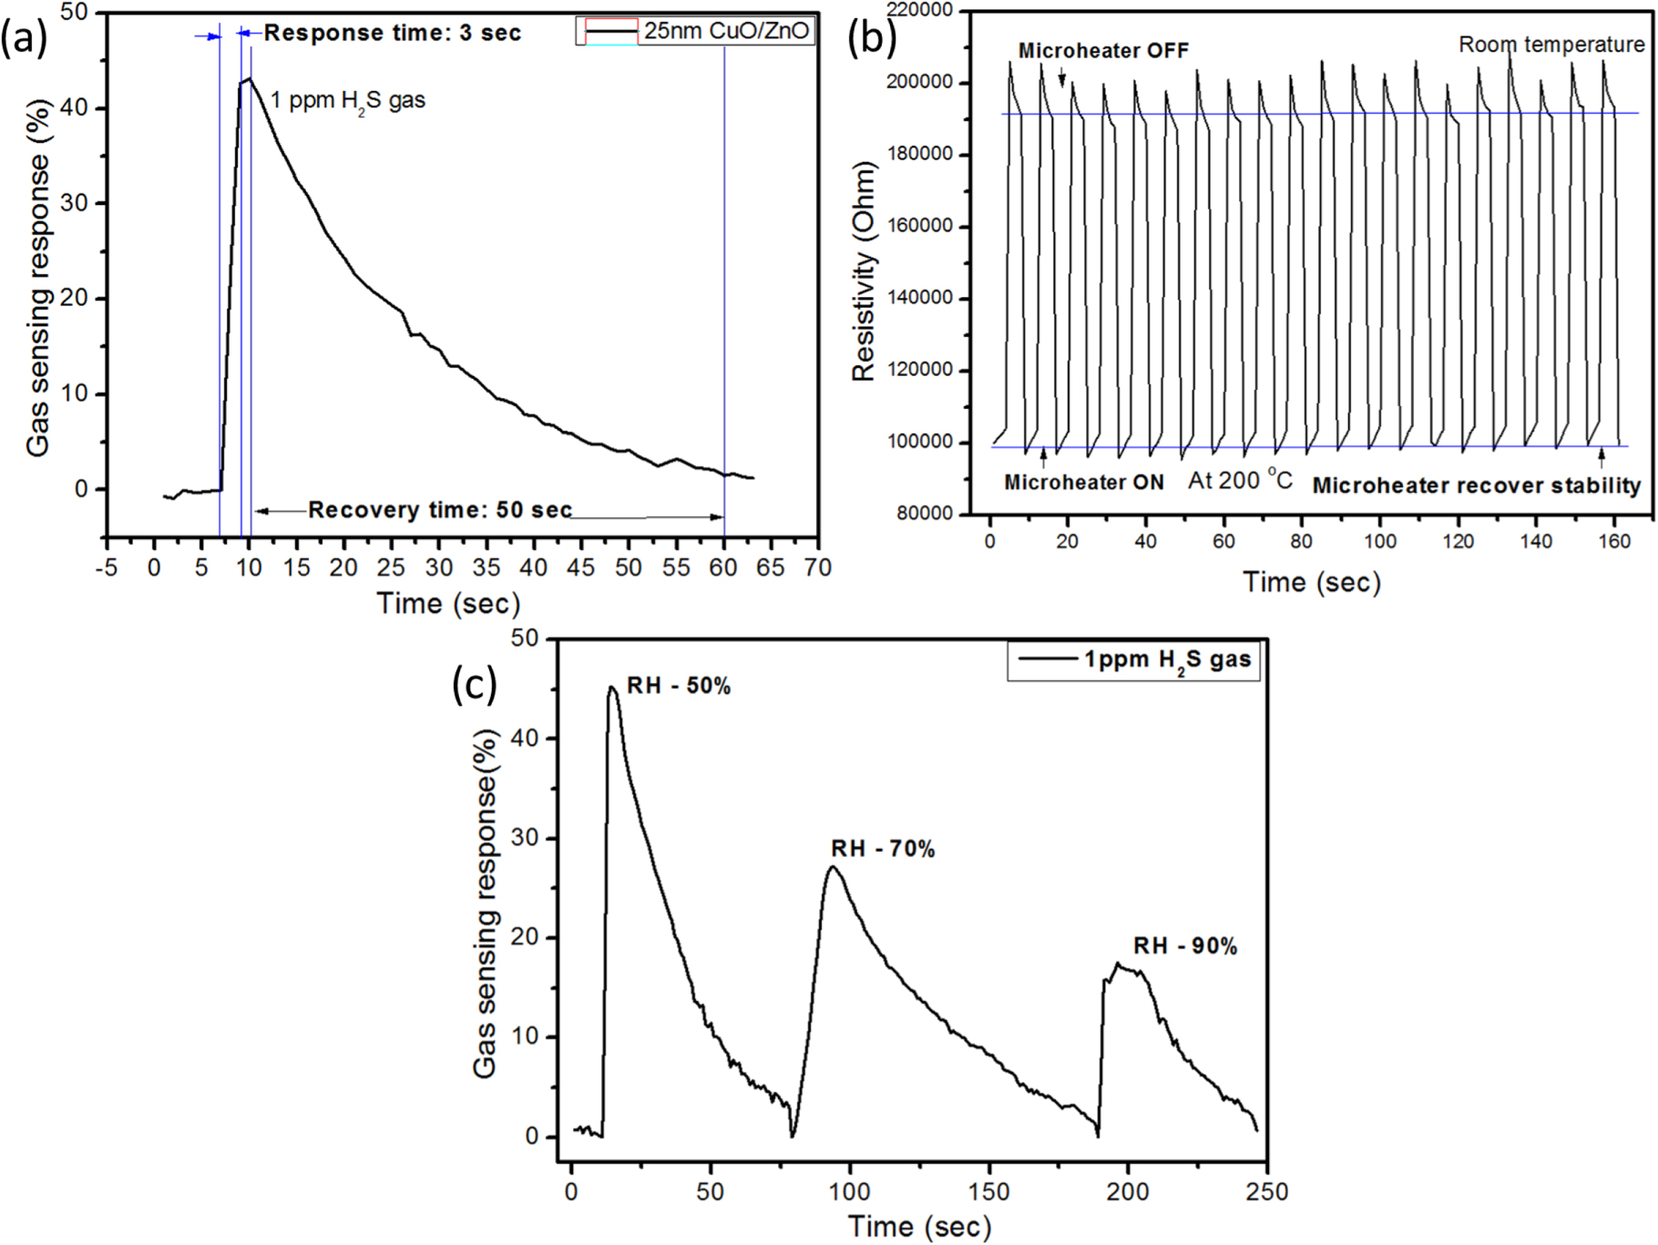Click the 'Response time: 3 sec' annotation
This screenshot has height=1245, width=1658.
click(x=392, y=34)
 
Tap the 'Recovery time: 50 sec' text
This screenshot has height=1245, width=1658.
click(x=439, y=510)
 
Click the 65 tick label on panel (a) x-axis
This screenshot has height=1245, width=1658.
click(x=770, y=568)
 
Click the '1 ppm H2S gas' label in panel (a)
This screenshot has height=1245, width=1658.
click(x=347, y=100)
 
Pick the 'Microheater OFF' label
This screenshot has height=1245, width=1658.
click(x=1103, y=51)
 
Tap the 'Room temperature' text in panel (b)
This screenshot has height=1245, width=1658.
click(x=1551, y=45)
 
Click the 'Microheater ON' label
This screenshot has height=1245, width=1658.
click(x=1083, y=483)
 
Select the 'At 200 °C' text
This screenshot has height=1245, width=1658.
click(x=1240, y=480)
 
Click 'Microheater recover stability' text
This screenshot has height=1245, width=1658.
click(x=1476, y=486)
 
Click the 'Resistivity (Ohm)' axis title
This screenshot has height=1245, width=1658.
click(x=863, y=271)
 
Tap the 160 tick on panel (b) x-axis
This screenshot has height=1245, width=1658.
click(x=1613, y=542)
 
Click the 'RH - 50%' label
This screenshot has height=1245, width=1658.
click(x=679, y=687)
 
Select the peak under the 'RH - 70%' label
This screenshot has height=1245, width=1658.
click(x=833, y=866)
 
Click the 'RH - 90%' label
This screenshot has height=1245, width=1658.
click(x=1184, y=947)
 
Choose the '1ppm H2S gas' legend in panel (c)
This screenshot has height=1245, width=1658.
click(x=1167, y=660)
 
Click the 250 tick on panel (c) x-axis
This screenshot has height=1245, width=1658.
click(x=1266, y=1192)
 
